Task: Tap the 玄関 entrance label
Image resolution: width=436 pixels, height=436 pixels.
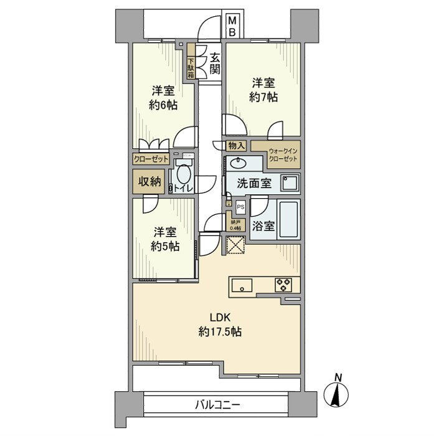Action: click(214, 62)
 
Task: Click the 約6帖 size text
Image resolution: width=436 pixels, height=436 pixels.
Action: click(163, 105)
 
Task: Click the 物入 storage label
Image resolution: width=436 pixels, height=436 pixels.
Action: click(237, 146)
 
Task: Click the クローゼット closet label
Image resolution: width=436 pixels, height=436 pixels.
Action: click(151, 159)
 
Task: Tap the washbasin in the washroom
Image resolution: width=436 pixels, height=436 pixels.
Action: click(237, 163)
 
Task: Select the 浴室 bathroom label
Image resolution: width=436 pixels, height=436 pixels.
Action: click(263, 226)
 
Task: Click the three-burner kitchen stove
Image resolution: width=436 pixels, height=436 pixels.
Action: click(285, 285)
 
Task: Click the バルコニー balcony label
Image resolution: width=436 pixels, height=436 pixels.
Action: click(217, 405)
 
